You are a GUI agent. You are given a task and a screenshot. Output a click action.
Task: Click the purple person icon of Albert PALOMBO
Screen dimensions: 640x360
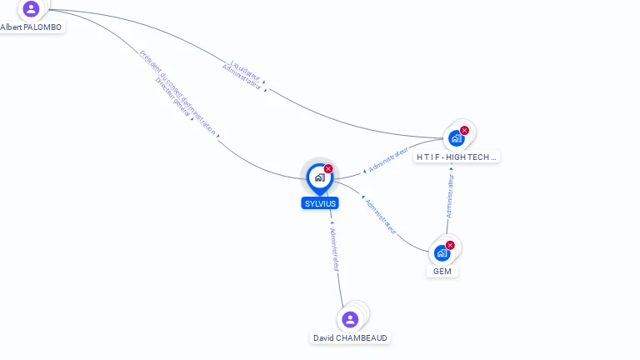(x=31, y=9)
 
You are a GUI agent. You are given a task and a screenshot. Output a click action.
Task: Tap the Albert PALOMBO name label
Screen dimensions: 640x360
(x=31, y=27)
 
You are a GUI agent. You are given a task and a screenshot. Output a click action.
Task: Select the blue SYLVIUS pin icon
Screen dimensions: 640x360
(x=319, y=177)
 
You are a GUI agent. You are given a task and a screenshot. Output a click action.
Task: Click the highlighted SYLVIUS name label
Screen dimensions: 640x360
(x=320, y=203)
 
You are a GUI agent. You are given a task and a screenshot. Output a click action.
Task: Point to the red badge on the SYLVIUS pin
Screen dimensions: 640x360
(x=328, y=169)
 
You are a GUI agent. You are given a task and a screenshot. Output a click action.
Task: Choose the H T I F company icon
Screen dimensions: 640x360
(x=455, y=138)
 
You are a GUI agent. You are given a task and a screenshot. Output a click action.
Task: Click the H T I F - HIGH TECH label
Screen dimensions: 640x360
(x=457, y=157)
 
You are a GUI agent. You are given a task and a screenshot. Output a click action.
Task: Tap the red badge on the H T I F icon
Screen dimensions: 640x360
(x=464, y=131)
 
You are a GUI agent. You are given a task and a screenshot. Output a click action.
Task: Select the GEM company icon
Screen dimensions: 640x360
(x=442, y=252)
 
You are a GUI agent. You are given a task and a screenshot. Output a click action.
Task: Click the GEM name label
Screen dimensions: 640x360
(x=442, y=272)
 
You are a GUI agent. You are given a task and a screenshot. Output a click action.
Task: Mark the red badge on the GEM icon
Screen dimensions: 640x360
(x=450, y=245)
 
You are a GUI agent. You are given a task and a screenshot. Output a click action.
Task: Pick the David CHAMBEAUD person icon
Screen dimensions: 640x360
(x=350, y=319)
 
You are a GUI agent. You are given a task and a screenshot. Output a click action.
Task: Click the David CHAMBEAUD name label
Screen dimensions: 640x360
(x=350, y=338)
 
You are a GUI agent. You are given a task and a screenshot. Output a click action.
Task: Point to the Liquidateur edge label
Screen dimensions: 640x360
(x=247, y=68)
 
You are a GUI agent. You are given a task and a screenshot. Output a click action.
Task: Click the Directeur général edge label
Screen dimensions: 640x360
(x=172, y=98)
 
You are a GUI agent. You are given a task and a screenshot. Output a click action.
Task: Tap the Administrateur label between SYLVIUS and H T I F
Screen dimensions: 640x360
(x=388, y=161)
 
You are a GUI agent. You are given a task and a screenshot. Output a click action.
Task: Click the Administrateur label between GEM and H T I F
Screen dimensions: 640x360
(x=450, y=196)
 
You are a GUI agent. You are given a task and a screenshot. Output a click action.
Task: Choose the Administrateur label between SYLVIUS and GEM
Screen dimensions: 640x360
(x=380, y=216)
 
